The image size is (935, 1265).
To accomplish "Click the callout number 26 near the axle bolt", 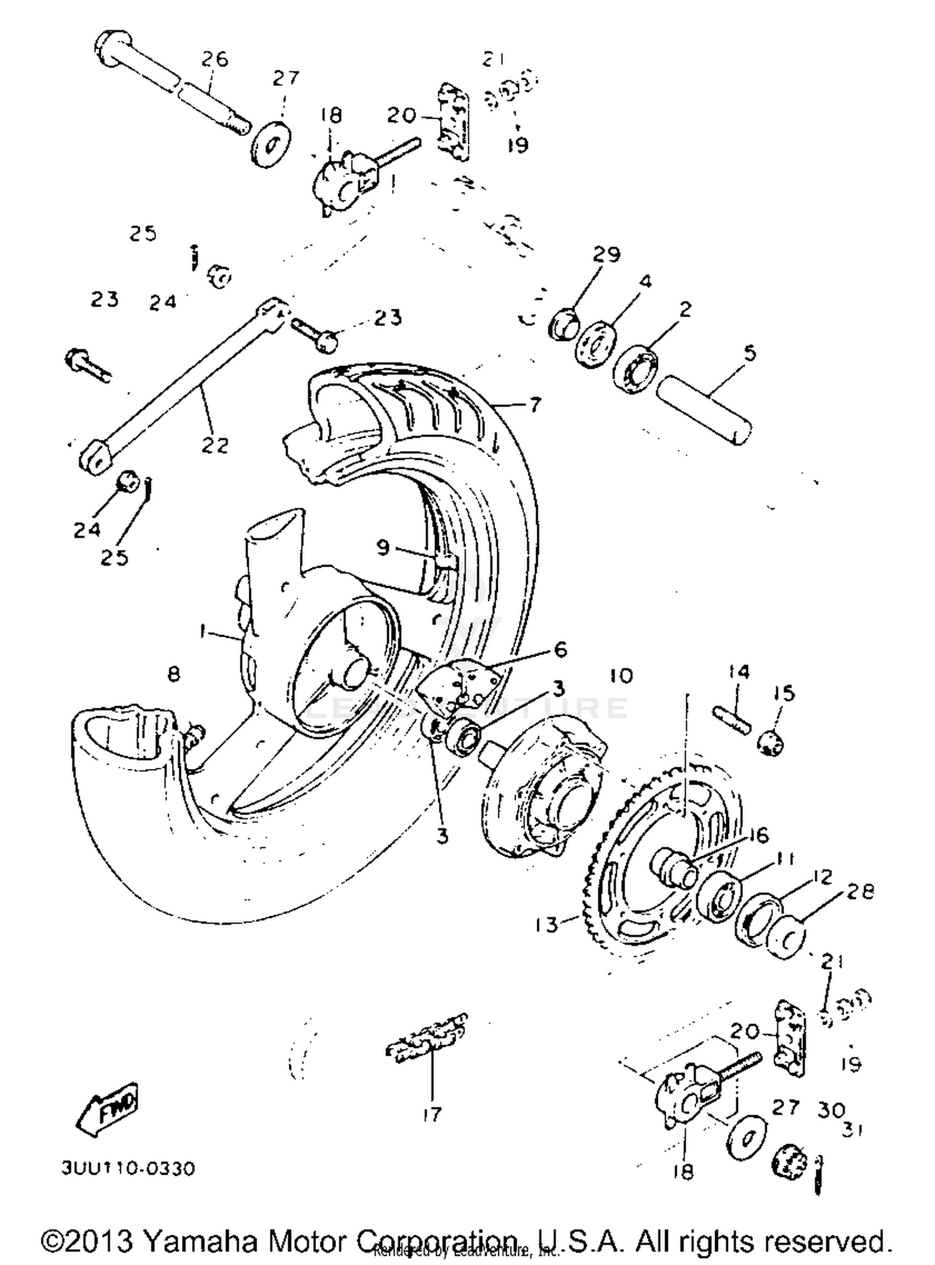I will coord(214,60).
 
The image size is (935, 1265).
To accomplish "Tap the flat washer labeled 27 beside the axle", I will coord(272,145).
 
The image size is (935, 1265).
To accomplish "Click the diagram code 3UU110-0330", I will coord(128,1168).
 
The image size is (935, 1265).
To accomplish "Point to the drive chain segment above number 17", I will coord(428,1039).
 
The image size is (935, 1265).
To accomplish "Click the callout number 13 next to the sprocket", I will coord(546,925).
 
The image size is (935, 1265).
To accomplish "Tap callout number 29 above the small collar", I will coord(607,254).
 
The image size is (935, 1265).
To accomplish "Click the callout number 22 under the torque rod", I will coord(215,445).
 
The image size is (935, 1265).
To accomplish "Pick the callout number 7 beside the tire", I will coord(535,405).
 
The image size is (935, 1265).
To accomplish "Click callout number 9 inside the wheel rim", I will coord(383,548).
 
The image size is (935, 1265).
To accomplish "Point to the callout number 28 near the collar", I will coord(860,891).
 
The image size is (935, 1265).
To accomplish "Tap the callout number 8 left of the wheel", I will coord(174,674).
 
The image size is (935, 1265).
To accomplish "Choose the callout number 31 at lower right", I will coord(852,1129).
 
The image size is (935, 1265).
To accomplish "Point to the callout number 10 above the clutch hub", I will coord(621,675).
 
